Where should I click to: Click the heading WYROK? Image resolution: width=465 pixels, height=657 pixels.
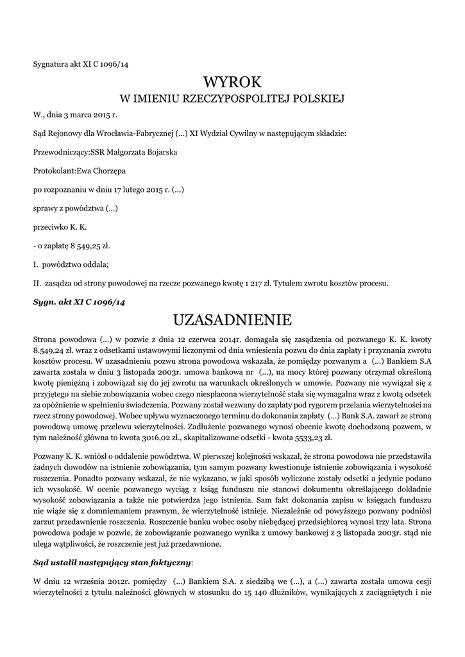tap(232, 82)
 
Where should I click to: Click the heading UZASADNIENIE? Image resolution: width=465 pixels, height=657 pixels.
tap(232, 320)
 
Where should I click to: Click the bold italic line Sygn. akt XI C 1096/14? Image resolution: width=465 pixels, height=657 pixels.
tap(79, 301)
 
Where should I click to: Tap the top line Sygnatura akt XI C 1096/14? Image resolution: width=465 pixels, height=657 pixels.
tap(85, 63)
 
